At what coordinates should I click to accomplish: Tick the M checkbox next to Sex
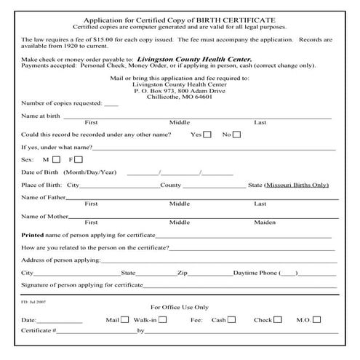click(x=56, y=159)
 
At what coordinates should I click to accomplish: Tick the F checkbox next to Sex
click(x=79, y=159)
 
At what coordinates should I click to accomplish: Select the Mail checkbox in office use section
click(x=124, y=319)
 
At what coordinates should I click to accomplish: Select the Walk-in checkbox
click(x=162, y=319)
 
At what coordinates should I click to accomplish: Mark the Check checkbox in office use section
click(x=279, y=319)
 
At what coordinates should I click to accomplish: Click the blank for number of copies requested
click(x=111, y=104)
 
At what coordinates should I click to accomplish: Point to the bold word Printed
click(x=33, y=236)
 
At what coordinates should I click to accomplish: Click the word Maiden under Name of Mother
click(x=265, y=222)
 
